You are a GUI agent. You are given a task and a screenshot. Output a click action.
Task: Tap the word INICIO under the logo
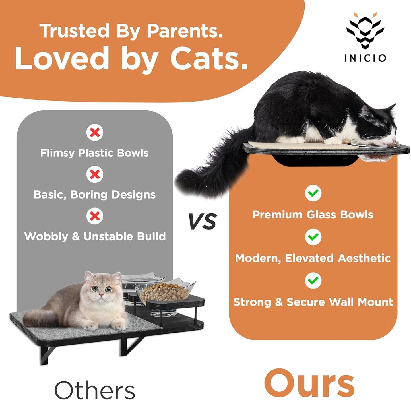click(x=365, y=58)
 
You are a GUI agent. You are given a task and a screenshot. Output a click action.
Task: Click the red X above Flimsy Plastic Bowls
click(x=95, y=133)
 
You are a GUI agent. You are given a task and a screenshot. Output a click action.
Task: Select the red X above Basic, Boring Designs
click(x=95, y=174)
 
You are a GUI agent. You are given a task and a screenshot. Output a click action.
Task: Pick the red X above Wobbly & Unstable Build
click(x=95, y=216)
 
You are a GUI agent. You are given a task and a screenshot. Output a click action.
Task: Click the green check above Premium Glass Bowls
click(x=313, y=193)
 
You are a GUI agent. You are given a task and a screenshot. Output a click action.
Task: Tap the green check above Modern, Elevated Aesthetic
click(x=313, y=237)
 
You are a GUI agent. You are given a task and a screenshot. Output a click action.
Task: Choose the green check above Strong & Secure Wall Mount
click(x=313, y=281)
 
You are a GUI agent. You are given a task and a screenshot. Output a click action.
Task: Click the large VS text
click(x=203, y=222)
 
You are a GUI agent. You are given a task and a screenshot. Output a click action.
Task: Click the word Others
click(x=94, y=390)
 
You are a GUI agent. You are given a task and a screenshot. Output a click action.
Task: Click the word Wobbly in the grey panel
click(x=46, y=237)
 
